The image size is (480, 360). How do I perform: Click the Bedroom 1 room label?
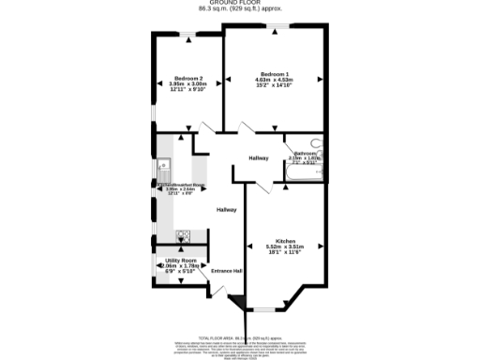(275, 73)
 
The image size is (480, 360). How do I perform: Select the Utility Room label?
(180, 259)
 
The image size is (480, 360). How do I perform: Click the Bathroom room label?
(306, 153)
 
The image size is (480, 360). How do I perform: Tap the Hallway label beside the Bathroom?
(259, 157)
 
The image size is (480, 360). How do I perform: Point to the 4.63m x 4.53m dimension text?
(275, 80)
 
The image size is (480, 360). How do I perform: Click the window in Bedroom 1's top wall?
(275, 30)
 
